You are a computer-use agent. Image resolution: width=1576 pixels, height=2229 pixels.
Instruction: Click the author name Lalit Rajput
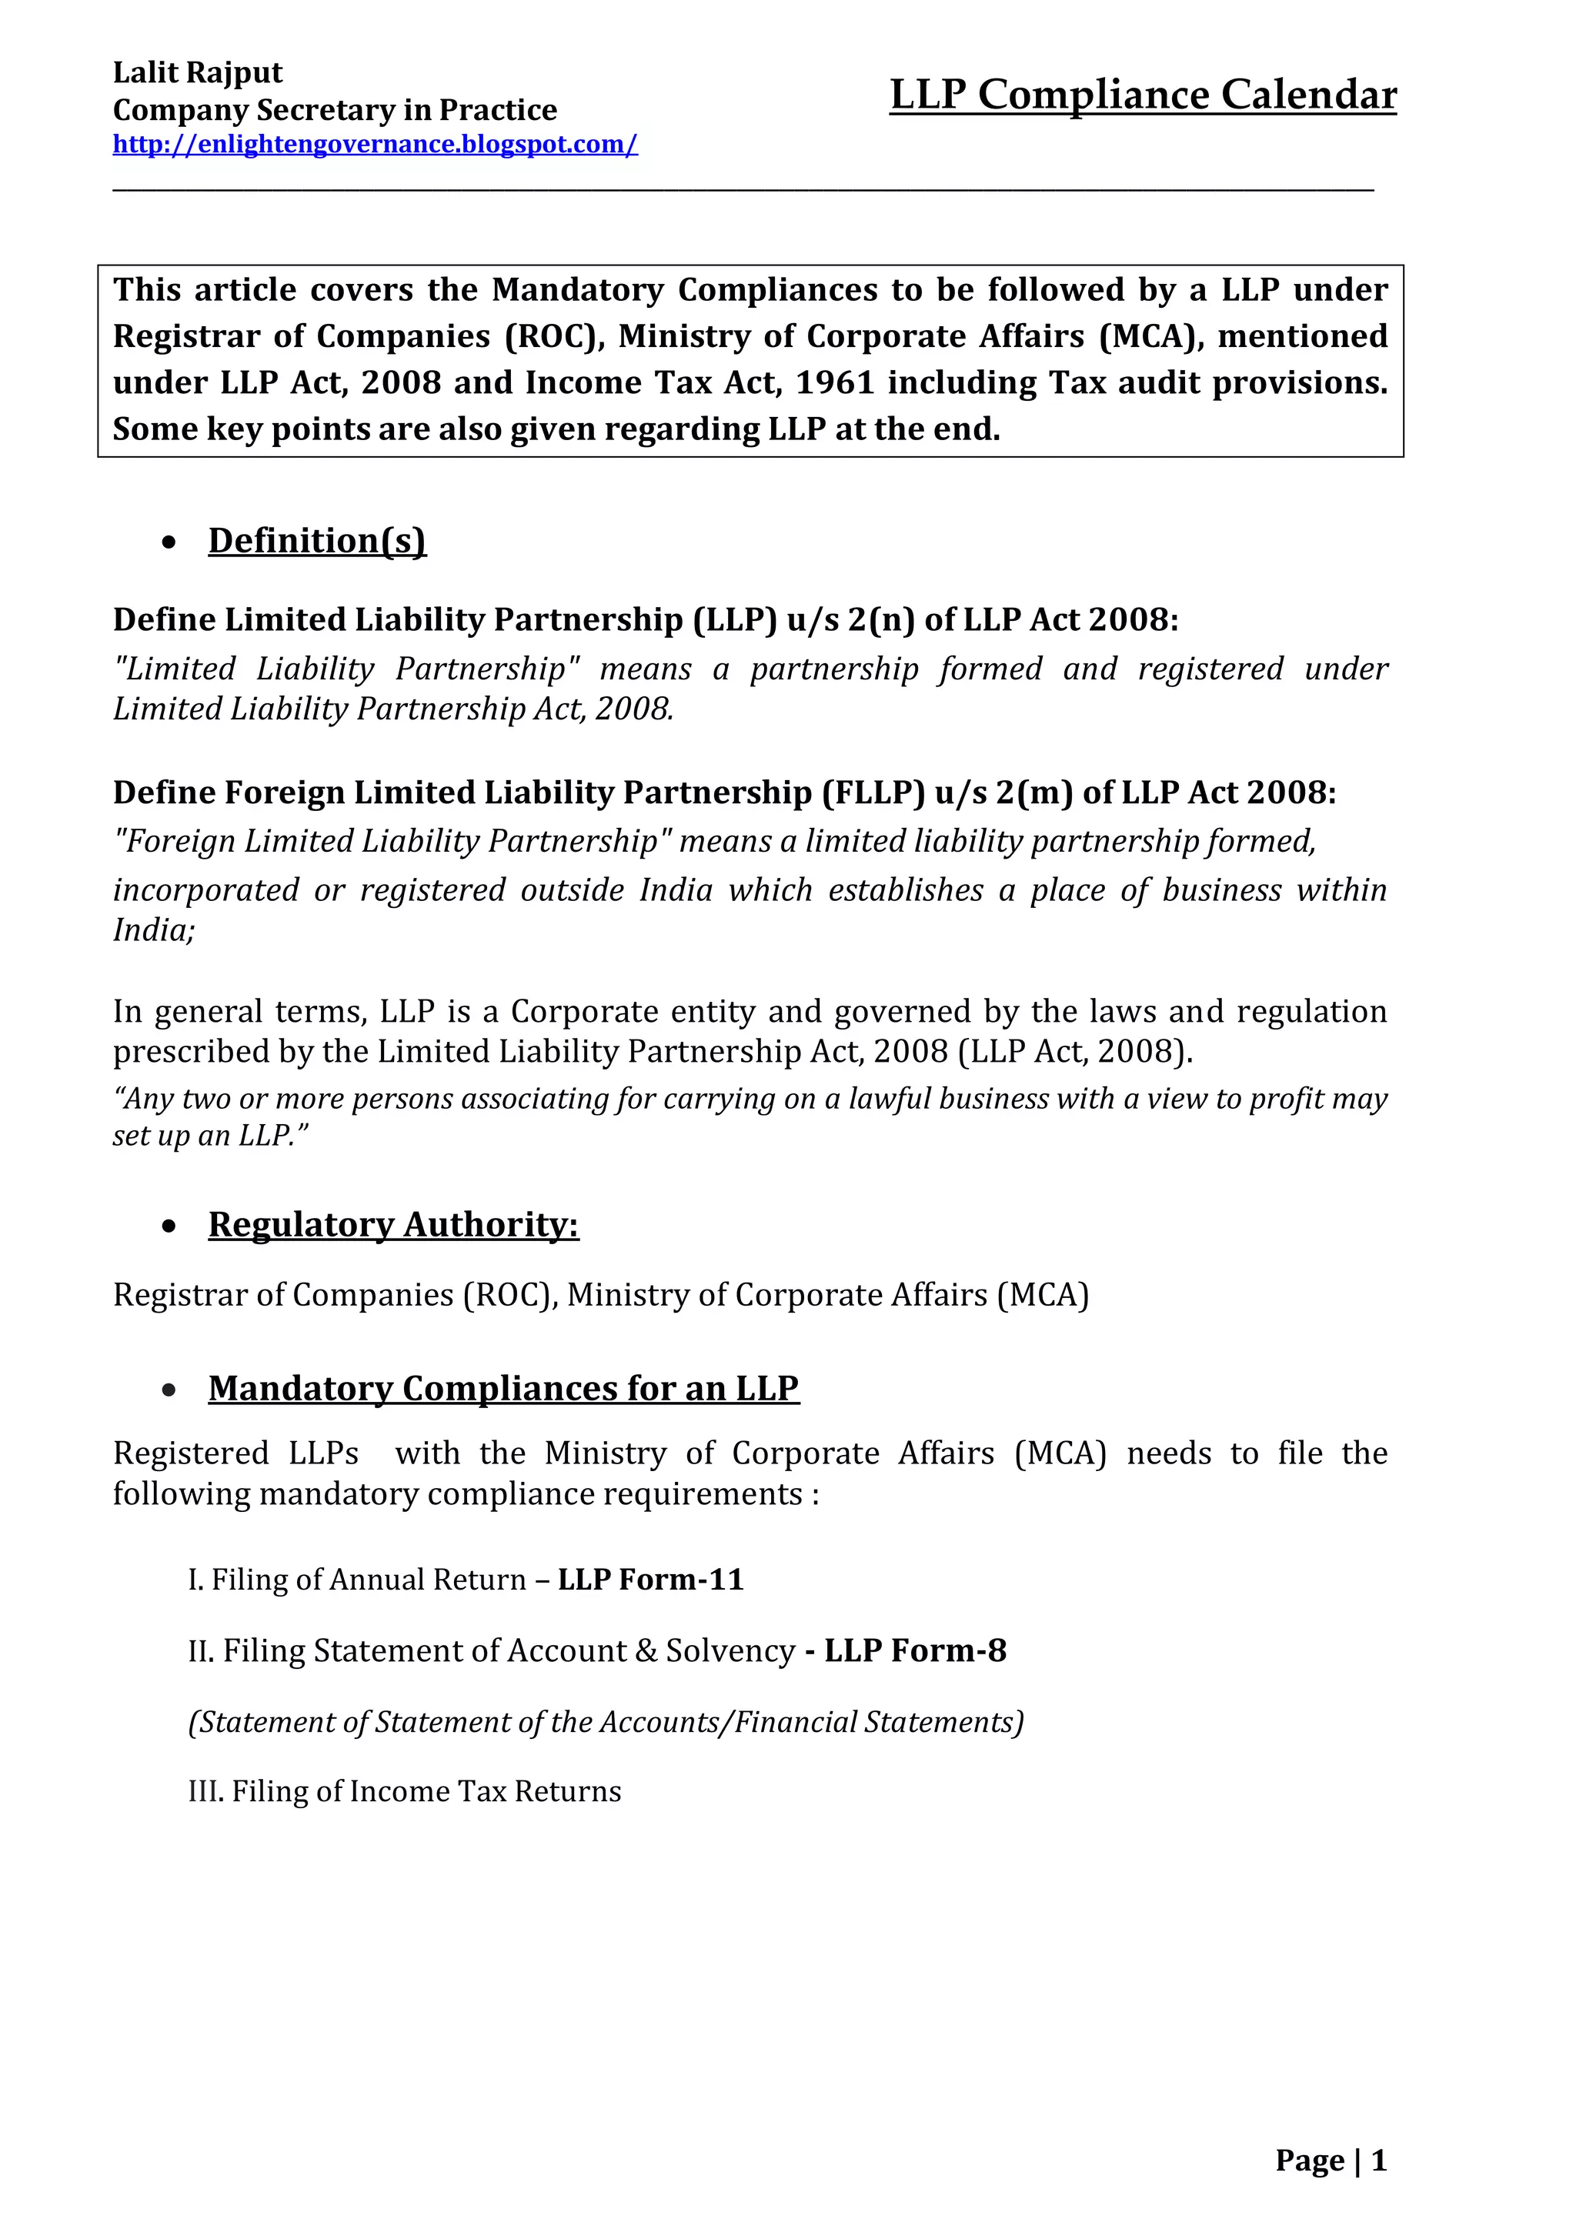click(197, 73)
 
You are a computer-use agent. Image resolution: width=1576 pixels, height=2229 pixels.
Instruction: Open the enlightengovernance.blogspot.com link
click(375, 145)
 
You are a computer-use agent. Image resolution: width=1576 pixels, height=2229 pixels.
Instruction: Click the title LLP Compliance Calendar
click(1143, 95)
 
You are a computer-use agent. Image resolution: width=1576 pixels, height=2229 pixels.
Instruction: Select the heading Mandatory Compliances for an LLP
click(503, 1388)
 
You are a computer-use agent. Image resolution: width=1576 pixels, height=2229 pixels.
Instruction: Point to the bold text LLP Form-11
click(650, 1580)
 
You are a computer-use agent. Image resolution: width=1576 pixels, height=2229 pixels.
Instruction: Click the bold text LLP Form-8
click(915, 1650)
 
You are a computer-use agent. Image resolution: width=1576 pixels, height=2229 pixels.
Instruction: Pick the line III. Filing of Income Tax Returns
click(404, 1791)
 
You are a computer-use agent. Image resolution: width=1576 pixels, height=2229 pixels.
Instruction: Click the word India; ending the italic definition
click(153, 930)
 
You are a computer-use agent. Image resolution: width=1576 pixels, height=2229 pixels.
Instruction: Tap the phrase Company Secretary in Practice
click(334, 110)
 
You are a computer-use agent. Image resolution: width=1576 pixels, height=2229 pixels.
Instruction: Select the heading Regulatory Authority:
click(393, 1224)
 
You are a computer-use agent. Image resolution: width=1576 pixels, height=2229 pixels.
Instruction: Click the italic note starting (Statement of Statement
click(605, 1722)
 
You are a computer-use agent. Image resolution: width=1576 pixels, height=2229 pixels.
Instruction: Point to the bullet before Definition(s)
click(170, 542)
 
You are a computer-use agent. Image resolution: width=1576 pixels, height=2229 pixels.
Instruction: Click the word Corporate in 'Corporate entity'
click(572, 1012)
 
